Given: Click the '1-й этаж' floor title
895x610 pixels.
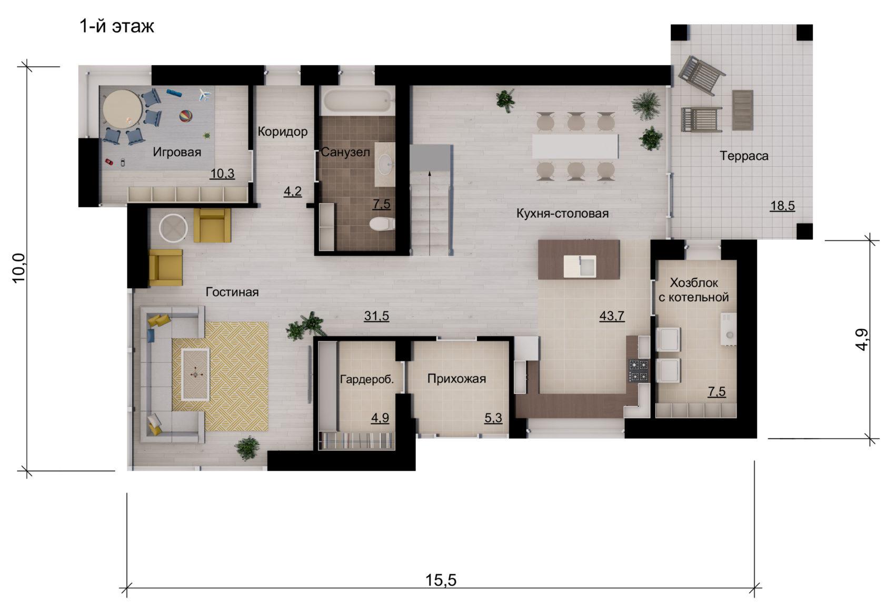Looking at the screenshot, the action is (117, 27).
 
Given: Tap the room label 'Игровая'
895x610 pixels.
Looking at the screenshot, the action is (177, 152).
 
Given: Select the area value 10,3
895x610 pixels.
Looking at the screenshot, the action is (223, 174).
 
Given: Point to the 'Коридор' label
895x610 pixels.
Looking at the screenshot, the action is (283, 132).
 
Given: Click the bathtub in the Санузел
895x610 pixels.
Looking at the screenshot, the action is (357, 100).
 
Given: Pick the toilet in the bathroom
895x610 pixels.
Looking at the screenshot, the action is (382, 224).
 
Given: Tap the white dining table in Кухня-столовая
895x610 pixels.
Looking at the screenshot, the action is (575, 147).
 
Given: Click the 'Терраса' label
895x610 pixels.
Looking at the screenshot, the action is (744, 156).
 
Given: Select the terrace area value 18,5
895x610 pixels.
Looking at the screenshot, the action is (782, 206).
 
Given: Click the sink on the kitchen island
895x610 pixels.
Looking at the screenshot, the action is (580, 266).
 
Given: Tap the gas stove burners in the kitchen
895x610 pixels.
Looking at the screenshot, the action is (639, 371).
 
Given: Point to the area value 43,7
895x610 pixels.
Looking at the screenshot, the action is (612, 316).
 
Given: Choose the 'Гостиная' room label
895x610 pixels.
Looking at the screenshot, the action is (232, 292).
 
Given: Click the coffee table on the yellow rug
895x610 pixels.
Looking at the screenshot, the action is (195, 374).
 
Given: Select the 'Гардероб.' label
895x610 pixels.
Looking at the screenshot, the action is (367, 379).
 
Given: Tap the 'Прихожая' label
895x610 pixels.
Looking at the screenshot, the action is (456, 379).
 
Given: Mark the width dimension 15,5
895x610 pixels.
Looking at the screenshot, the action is (440, 580).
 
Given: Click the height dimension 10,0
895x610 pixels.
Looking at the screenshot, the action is (19, 268).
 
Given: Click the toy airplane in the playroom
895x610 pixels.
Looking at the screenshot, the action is (205, 95).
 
